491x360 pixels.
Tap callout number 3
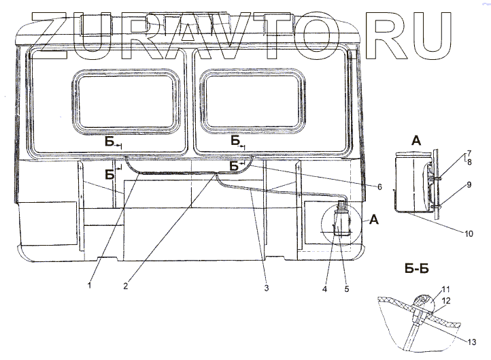267,288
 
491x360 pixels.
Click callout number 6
379,186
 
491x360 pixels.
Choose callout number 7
469,154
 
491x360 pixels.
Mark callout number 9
469,184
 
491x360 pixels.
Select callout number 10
469,233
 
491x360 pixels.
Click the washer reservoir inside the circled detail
340,222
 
